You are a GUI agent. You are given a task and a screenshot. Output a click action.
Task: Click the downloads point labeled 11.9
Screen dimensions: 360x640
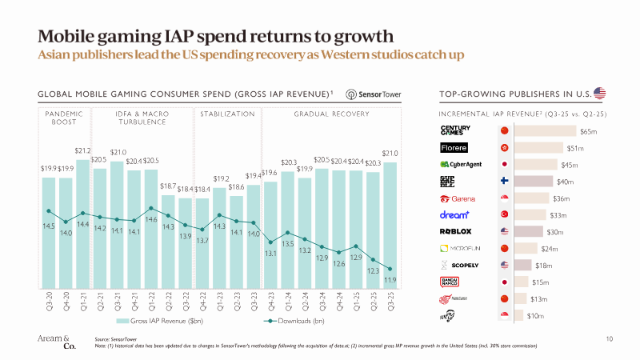390,269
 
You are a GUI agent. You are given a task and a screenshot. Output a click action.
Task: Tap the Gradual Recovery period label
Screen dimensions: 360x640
332,114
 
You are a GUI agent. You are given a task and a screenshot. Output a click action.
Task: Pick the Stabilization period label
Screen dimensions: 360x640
227,114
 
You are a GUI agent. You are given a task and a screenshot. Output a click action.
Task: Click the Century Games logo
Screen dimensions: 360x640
455,130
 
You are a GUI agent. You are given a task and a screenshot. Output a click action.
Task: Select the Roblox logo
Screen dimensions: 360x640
455,231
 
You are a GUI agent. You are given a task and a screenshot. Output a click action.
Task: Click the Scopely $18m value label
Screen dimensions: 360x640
543,265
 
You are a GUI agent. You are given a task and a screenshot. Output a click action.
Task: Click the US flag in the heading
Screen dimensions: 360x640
599,94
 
